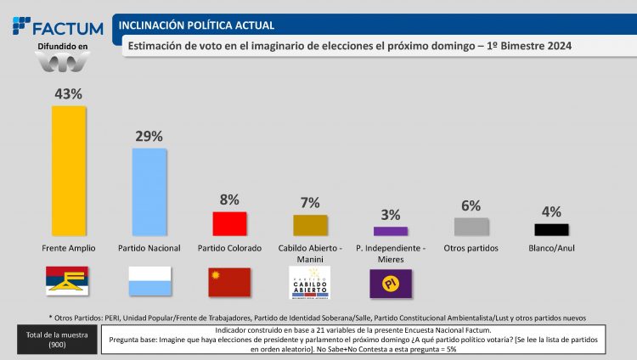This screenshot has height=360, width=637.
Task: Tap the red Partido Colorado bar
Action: [x=229, y=223]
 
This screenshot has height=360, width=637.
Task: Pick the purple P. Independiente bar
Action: [x=390, y=230]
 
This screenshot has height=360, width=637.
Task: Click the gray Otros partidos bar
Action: [x=471, y=227]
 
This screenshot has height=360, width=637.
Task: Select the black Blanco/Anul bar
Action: [x=551, y=229]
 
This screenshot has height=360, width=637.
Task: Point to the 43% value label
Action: [x=69, y=95]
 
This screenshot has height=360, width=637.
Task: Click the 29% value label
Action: [x=149, y=136]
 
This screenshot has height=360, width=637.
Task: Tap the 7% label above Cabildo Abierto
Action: [x=310, y=202]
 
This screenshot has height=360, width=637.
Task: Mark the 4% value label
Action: [x=551, y=211]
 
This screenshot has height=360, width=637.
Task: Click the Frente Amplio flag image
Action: [x=69, y=281]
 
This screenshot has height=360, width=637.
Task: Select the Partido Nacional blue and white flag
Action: [x=149, y=282]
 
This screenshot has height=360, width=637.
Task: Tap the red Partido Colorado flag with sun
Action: [x=229, y=282]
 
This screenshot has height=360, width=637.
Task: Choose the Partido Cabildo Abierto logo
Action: [x=310, y=282]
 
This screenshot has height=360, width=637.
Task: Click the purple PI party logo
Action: [x=390, y=282]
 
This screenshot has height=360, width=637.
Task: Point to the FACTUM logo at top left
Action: [x=58, y=27]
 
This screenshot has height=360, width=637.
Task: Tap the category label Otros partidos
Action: [x=471, y=248]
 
